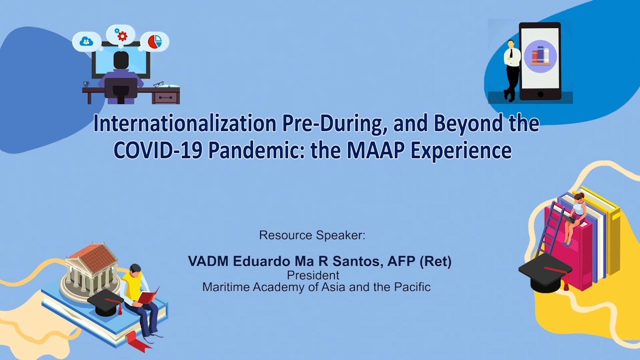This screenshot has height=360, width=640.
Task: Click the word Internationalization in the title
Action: pyautogui.click(x=184, y=123)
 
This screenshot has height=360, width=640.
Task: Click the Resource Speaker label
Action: pyautogui.click(x=312, y=235)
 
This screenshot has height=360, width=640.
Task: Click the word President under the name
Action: pyautogui.click(x=313, y=275)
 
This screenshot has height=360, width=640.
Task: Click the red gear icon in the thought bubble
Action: pyautogui.click(x=122, y=36)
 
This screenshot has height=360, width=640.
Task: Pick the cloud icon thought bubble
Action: pyautogui.click(x=86, y=41)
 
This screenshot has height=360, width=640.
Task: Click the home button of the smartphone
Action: pyautogui.click(x=540, y=94)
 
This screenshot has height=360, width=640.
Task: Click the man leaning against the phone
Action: pyautogui.click(x=511, y=70)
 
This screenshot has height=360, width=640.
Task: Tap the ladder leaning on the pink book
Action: pyautogui.click(x=550, y=228)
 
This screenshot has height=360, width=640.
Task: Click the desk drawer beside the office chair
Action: pyautogui.click(x=165, y=97)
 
